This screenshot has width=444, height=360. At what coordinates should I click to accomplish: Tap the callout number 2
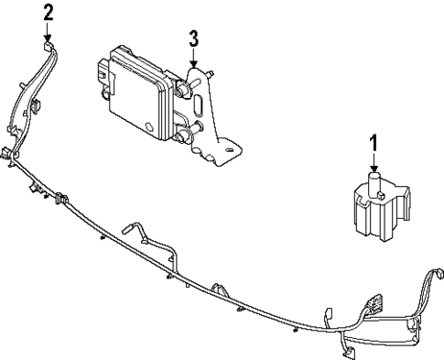tap(49, 12)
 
